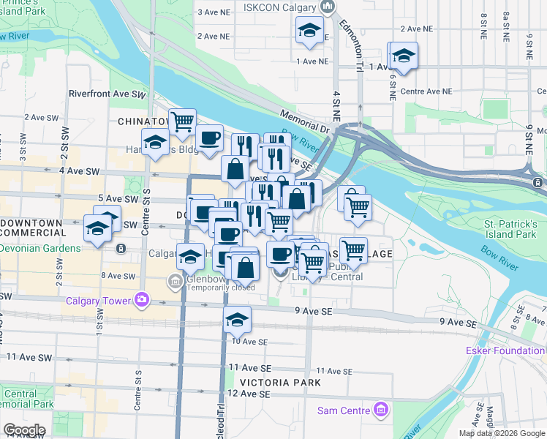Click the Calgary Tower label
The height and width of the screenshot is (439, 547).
click(97, 300)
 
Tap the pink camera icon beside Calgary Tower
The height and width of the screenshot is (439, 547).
click(141, 299)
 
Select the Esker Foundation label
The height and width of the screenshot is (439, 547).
click(505, 350)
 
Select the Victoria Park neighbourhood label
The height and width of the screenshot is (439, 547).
click(279, 383)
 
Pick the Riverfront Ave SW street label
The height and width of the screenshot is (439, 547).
click(107, 94)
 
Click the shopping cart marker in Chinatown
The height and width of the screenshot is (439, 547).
click(182, 121)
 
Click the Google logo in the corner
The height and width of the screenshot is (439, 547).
click(23, 430)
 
